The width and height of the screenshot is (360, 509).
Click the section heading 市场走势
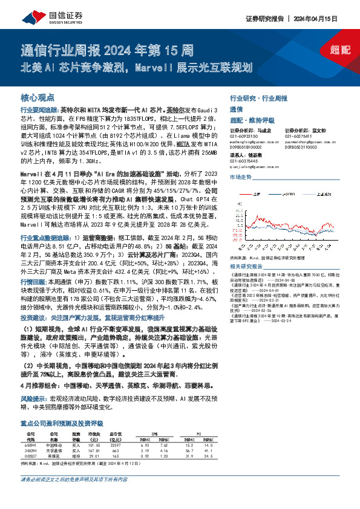[x=240, y=177]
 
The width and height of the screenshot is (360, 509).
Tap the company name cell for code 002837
[x=53, y=455]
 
